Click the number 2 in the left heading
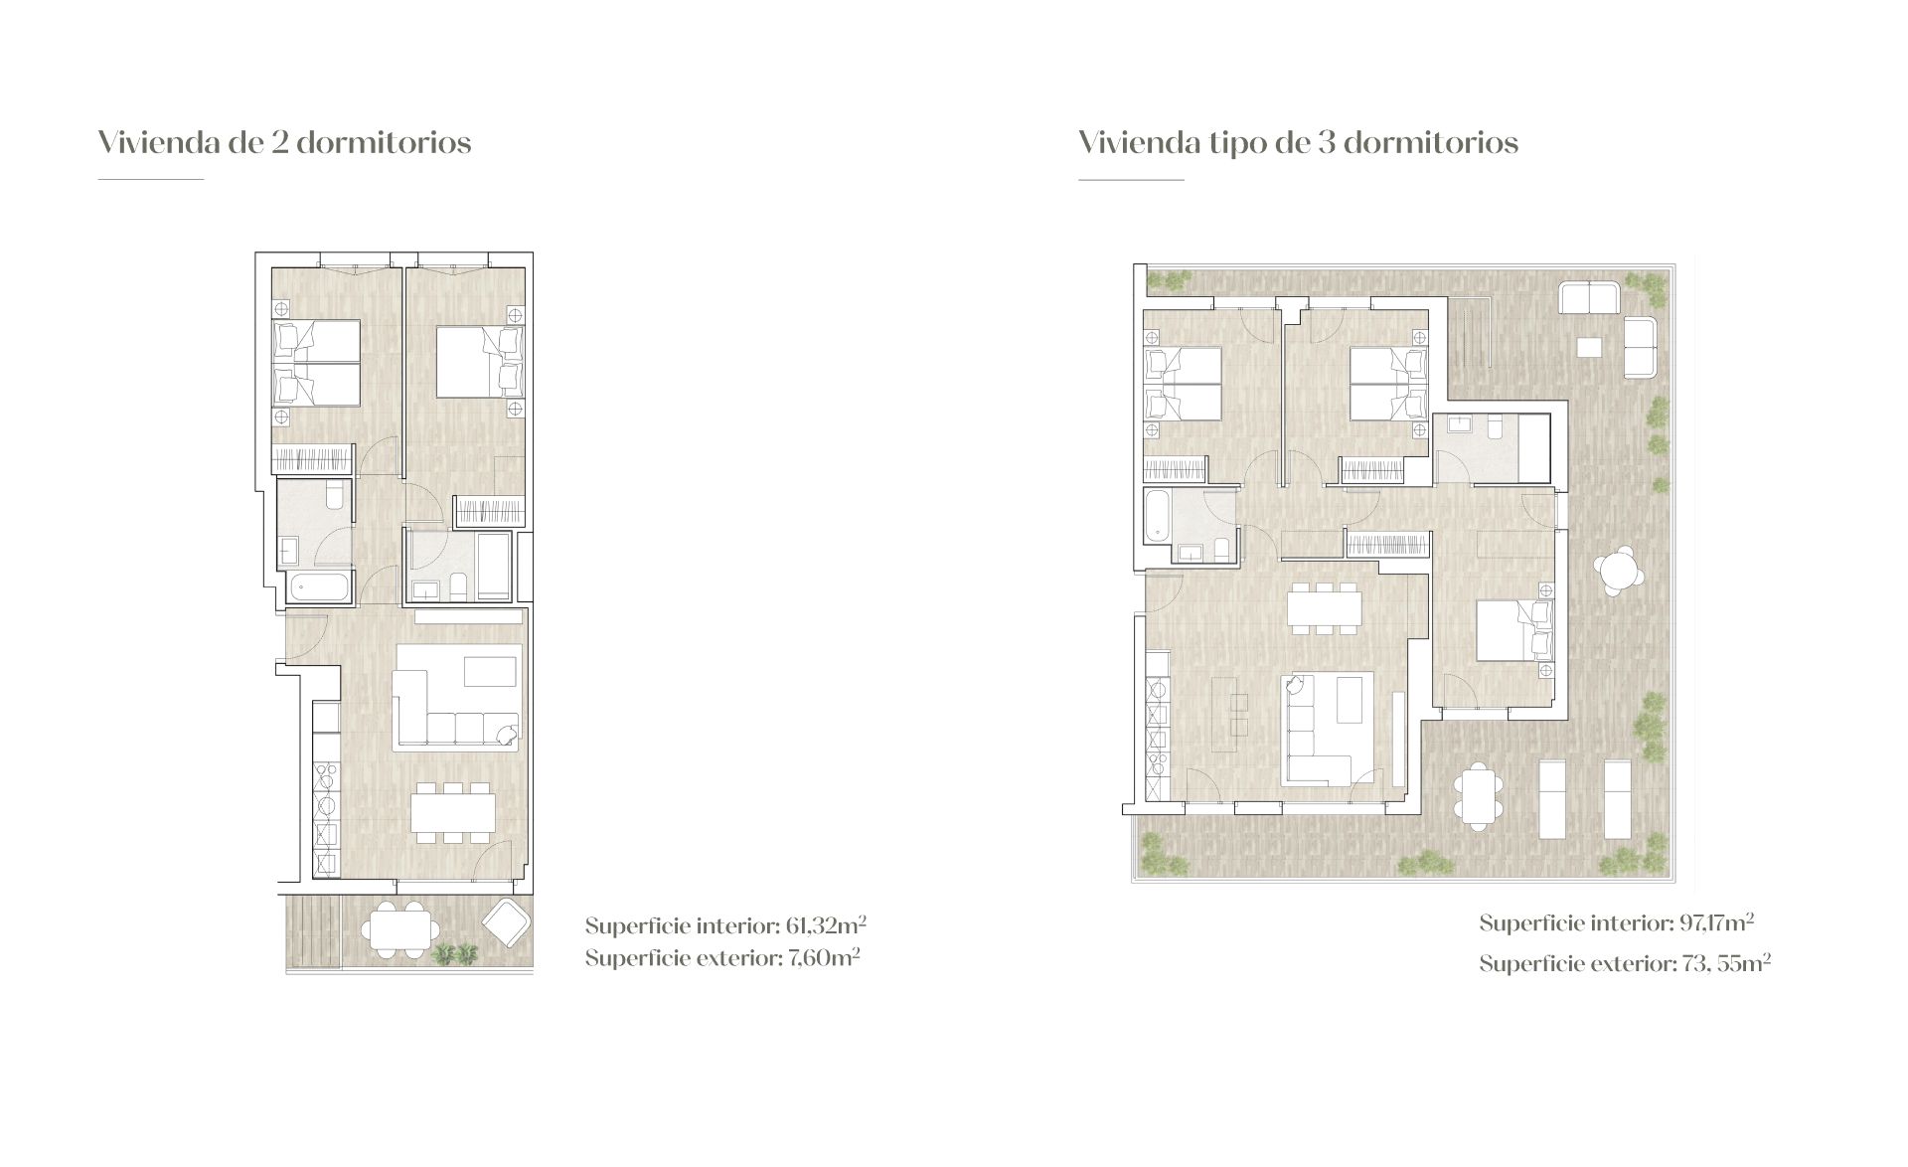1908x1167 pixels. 279,143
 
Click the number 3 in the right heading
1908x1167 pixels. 1325,143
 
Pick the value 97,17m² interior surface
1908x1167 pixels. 1715,922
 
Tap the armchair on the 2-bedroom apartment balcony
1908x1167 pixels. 506,923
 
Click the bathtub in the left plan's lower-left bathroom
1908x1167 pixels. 320,587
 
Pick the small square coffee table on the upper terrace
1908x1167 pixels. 1589,348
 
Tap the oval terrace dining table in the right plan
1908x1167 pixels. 1478,796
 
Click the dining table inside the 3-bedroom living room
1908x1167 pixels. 1322,606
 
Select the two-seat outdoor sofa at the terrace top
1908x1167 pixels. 1589,298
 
